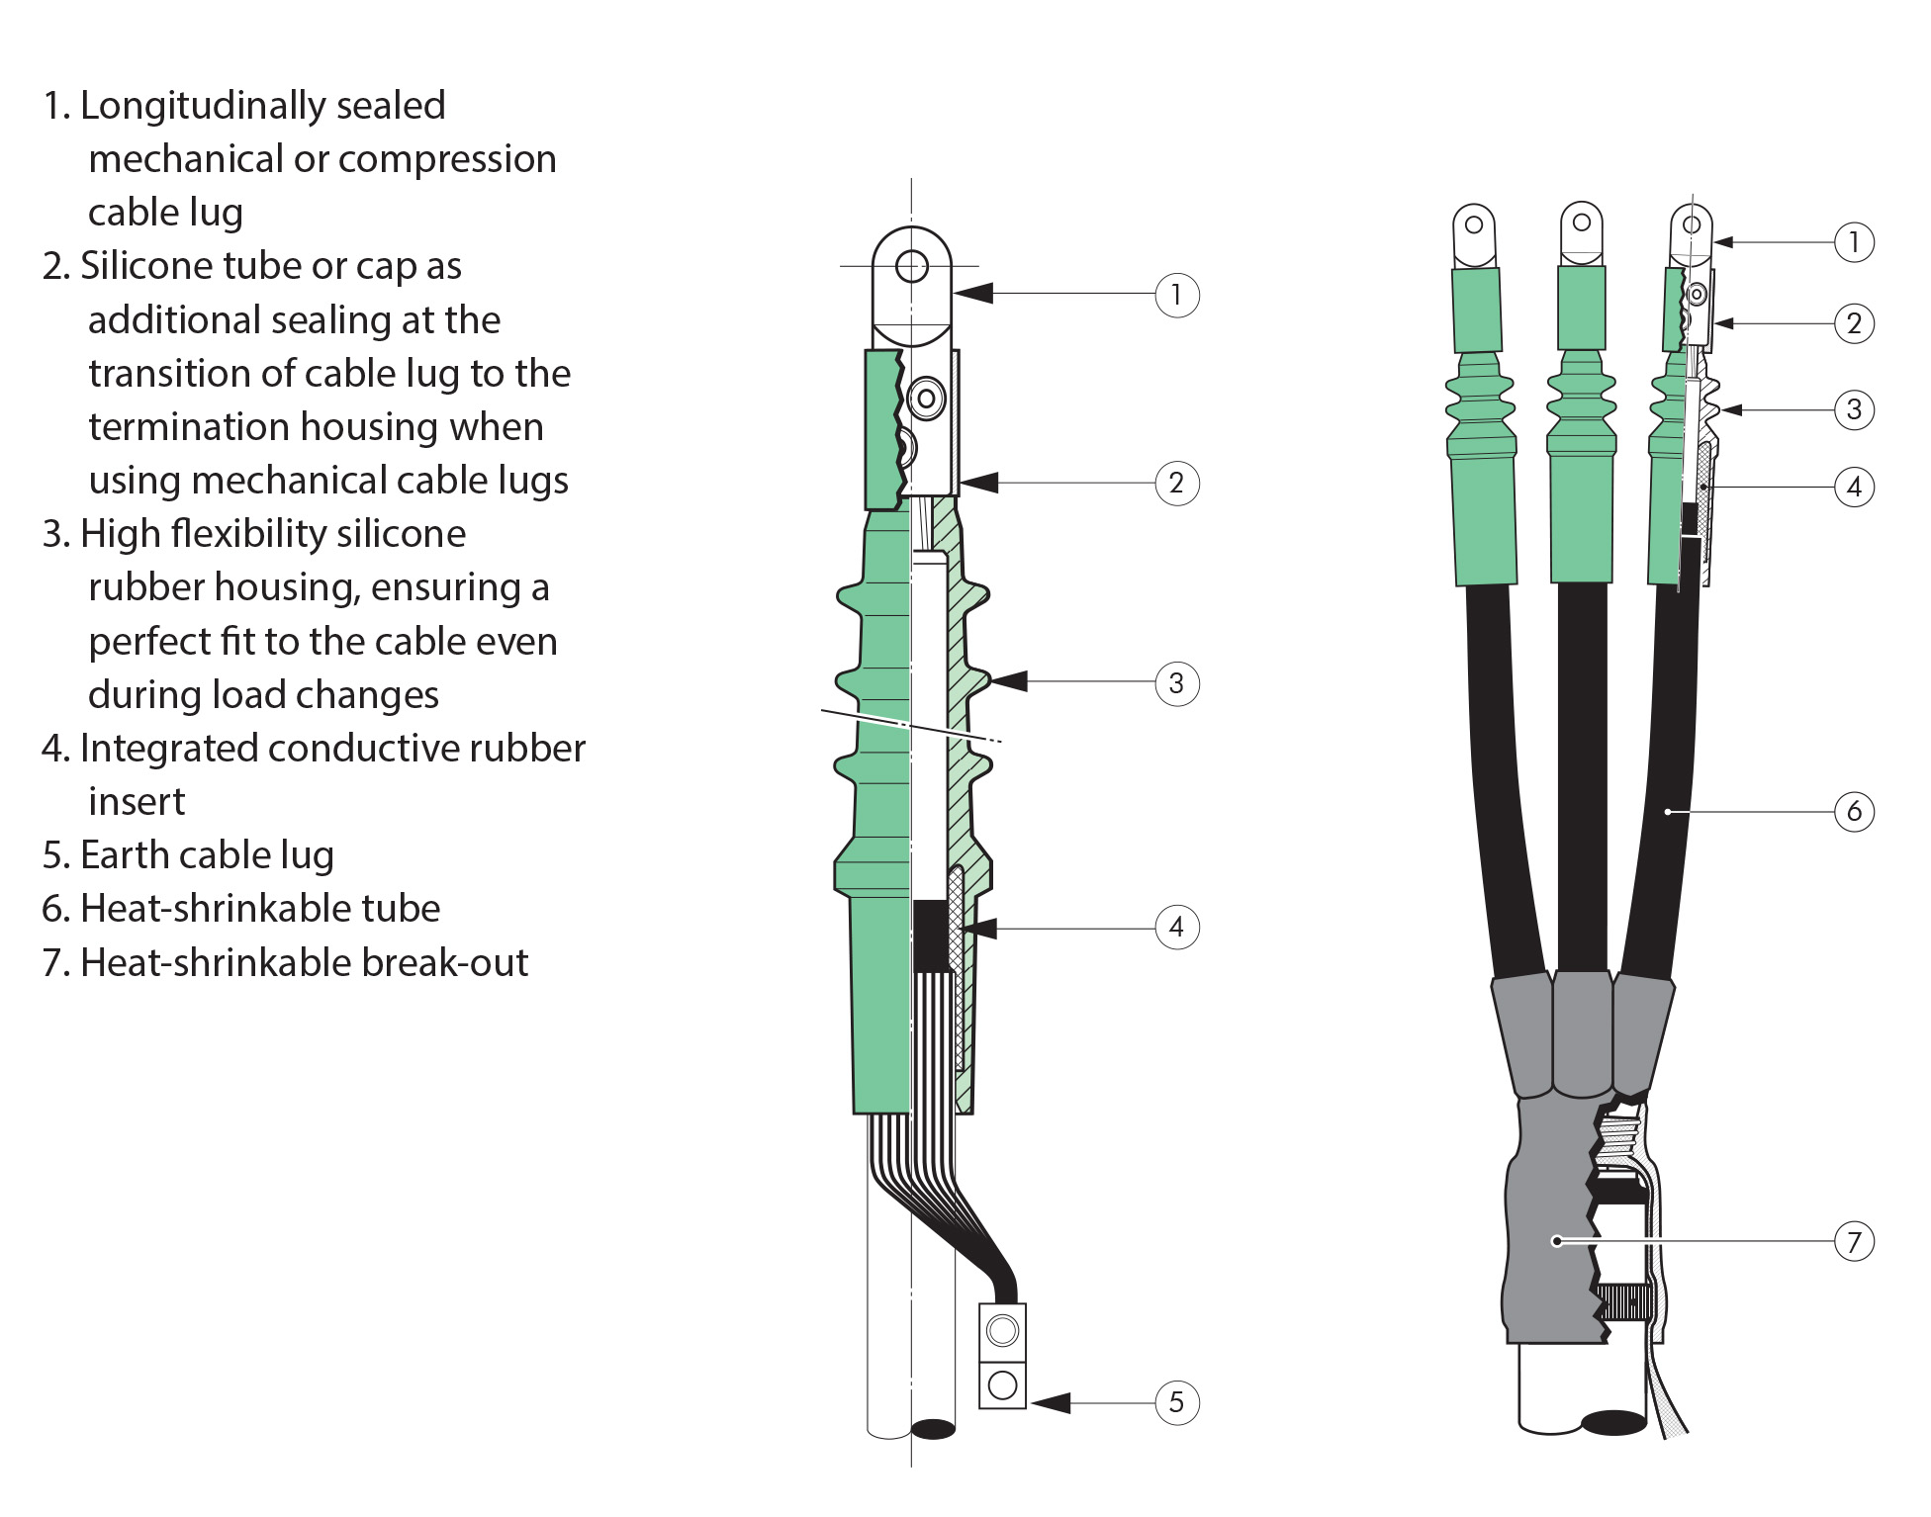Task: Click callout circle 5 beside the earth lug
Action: [x=1176, y=1402]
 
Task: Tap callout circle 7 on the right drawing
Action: [x=1854, y=1241]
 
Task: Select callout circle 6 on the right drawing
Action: [x=1854, y=811]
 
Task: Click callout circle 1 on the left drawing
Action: [x=1176, y=294]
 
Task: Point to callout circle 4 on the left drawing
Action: [x=1176, y=927]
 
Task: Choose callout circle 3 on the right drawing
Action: [x=1854, y=409]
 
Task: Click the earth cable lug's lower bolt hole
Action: [x=1002, y=1384]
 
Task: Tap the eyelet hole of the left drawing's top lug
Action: [x=911, y=265]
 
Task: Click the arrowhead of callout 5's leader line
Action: [x=1051, y=1402]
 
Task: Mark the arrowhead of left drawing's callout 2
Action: [x=977, y=483]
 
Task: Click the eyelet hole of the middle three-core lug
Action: [x=1582, y=222]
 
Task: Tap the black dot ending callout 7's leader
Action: [x=1557, y=1241]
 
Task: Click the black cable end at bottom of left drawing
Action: [x=933, y=1428]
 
